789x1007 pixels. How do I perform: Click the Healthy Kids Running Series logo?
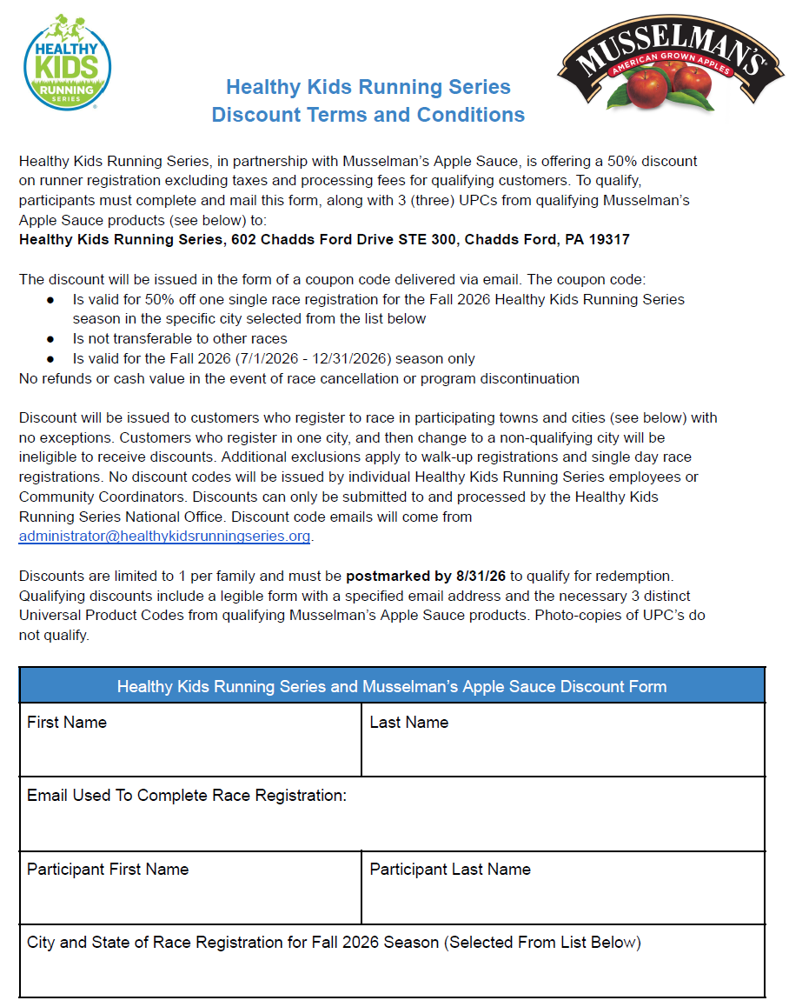click(x=67, y=62)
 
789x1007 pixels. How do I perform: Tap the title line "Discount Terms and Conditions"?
click(x=368, y=115)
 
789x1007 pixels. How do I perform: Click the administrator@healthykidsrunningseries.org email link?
click(x=164, y=537)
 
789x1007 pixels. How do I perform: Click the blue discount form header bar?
click(x=392, y=686)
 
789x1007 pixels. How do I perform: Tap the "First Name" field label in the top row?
click(x=67, y=723)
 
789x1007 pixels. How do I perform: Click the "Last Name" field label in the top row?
click(x=408, y=723)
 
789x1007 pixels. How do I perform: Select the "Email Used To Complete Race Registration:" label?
click(x=187, y=796)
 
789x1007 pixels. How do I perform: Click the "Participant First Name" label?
click(x=108, y=870)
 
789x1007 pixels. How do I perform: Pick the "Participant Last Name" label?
click(x=450, y=870)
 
